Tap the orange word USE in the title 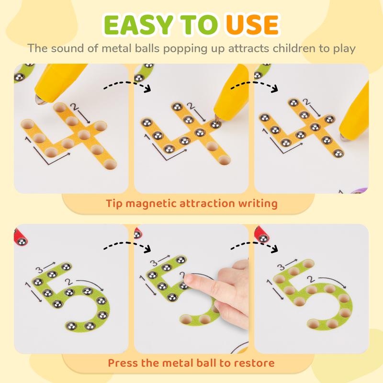click(252, 24)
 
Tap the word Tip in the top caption click(114, 203)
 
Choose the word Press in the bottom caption click(123, 362)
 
